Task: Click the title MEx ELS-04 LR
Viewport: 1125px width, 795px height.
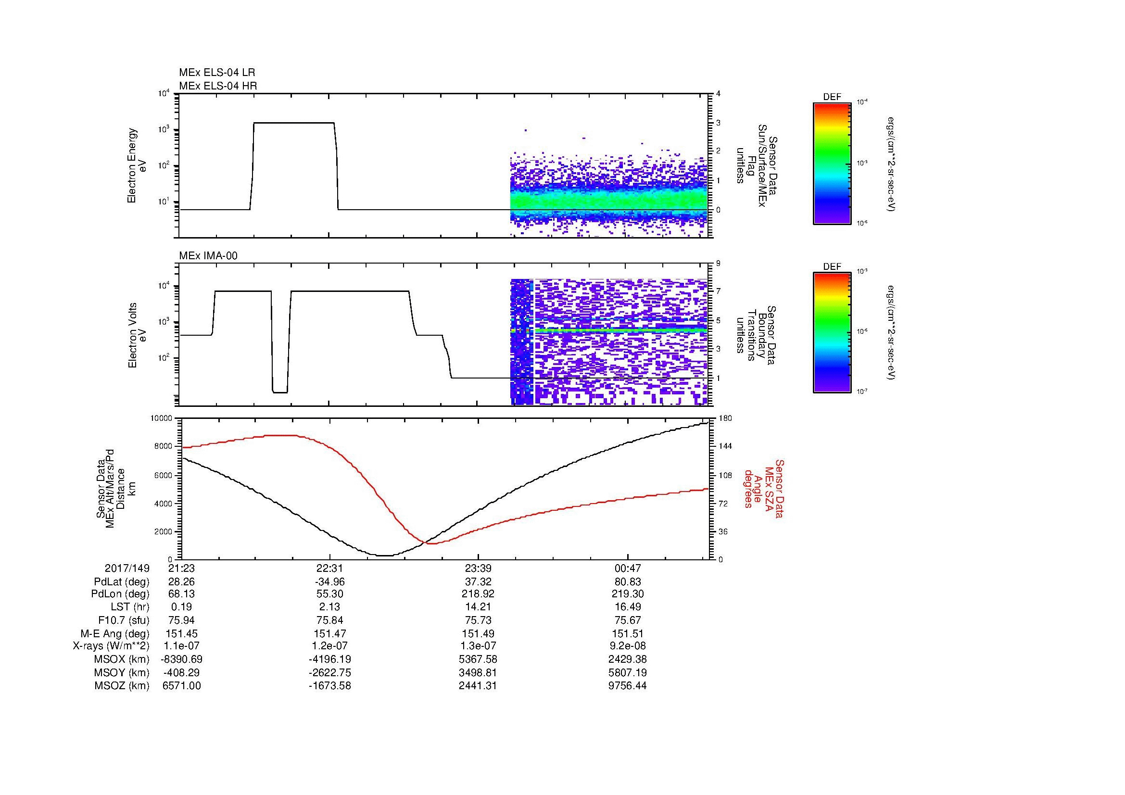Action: point(216,73)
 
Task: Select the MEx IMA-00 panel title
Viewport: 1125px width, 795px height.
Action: point(208,256)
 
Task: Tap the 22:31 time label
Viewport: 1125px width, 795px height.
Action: point(330,568)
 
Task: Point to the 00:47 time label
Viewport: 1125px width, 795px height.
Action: point(628,568)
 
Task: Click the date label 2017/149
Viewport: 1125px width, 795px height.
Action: point(127,568)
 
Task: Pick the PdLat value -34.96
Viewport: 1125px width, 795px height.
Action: point(330,582)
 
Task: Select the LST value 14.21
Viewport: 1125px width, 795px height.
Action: point(478,607)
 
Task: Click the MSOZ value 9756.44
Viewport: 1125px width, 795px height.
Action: point(628,686)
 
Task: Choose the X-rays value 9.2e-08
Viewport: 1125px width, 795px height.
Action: point(628,646)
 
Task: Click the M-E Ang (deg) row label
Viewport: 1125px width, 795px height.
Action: point(115,633)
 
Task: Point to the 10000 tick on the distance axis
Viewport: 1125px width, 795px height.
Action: point(162,418)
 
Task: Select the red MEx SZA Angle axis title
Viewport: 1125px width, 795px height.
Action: point(763,489)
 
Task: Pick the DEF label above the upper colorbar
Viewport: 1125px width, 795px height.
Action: point(832,97)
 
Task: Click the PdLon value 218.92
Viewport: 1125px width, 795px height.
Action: point(478,594)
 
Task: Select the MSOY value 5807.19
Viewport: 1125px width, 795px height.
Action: point(628,672)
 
